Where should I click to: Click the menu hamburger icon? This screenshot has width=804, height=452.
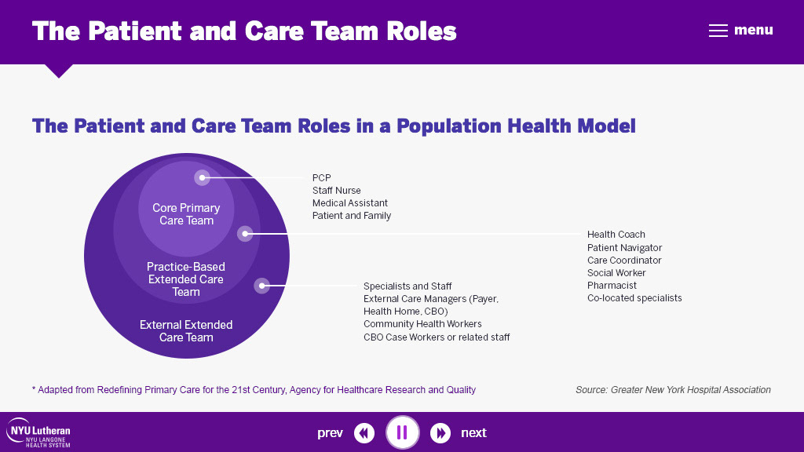(x=718, y=31)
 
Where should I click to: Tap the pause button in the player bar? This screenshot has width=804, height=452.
(x=402, y=432)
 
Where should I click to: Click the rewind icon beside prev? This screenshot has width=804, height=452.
(x=364, y=432)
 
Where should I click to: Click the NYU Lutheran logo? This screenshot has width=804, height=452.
(x=38, y=432)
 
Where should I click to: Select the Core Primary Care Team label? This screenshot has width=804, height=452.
(x=186, y=214)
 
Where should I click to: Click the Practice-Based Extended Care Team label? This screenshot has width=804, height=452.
(x=186, y=279)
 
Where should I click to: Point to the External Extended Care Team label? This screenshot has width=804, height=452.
(x=186, y=331)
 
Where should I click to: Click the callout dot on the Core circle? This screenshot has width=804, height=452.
(x=203, y=178)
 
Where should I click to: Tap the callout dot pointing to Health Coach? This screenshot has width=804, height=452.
(x=245, y=233)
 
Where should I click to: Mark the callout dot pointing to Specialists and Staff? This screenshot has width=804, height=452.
(x=262, y=286)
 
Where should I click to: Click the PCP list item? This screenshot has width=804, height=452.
(x=322, y=178)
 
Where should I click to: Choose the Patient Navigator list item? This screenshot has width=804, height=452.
(x=625, y=247)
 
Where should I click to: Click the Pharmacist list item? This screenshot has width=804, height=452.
(x=612, y=286)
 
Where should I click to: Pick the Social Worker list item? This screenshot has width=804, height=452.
(x=616, y=273)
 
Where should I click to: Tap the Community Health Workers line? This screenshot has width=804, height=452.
(x=422, y=324)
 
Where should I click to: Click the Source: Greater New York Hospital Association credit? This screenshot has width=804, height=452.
(x=673, y=390)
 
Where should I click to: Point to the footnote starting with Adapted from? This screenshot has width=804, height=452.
(x=254, y=390)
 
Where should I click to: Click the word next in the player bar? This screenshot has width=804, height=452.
(x=473, y=433)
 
